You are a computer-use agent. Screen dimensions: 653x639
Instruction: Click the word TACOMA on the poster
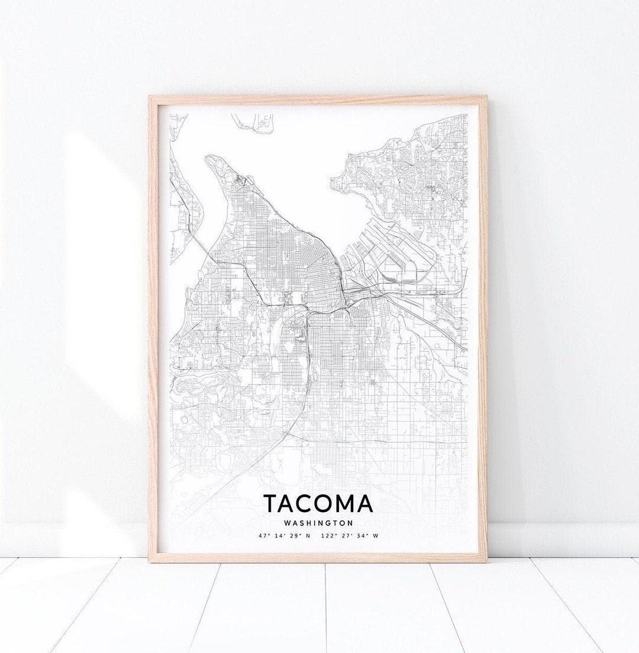(318, 503)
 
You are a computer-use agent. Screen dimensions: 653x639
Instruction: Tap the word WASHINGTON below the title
(318, 523)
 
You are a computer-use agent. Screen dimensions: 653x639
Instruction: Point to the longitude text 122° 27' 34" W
(349, 536)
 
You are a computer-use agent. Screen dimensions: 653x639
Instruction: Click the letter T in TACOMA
(270, 503)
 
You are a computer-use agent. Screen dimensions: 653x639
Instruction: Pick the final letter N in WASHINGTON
(350, 523)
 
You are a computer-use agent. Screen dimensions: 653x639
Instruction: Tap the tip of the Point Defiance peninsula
(211, 158)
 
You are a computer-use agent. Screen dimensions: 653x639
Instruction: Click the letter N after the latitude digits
(308, 536)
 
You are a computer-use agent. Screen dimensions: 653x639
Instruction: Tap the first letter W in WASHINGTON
(287, 523)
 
